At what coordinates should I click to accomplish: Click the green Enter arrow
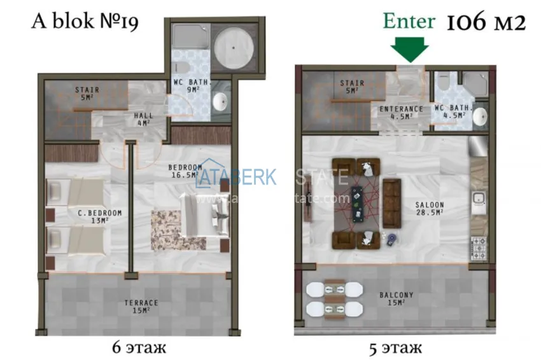click(x=409, y=48)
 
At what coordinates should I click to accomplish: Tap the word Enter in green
click(x=409, y=20)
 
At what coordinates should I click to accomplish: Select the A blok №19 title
click(x=85, y=22)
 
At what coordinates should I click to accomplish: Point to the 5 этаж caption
click(x=396, y=347)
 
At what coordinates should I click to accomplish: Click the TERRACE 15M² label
click(x=141, y=307)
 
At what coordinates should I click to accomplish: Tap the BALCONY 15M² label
click(x=397, y=299)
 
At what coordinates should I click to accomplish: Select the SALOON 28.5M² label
click(x=430, y=209)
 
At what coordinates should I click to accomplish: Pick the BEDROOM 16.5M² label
click(x=185, y=170)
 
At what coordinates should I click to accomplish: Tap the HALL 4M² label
click(x=143, y=119)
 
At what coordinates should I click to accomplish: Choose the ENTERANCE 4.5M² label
click(x=401, y=113)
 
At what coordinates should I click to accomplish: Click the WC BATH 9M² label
click(x=190, y=85)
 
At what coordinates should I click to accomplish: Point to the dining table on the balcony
click(x=334, y=299)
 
